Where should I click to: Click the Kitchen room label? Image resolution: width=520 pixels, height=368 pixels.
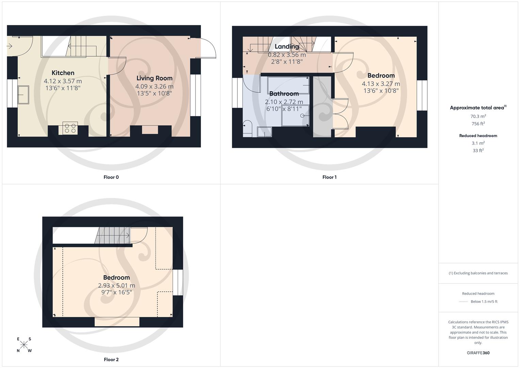point(63,73)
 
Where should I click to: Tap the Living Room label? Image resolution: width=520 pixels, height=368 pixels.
point(154,78)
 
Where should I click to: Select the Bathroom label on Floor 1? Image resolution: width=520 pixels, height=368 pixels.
point(284,94)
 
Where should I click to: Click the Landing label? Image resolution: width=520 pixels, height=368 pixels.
point(287,47)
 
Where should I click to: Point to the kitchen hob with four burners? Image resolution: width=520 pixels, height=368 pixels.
point(70,128)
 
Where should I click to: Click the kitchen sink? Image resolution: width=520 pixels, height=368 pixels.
point(23,94)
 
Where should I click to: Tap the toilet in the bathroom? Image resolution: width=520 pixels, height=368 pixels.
point(247,128)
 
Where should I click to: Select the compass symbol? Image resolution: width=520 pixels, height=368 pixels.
point(24,344)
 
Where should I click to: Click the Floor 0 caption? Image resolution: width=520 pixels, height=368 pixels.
point(111,177)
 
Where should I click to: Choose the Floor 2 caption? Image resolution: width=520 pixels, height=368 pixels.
point(111,359)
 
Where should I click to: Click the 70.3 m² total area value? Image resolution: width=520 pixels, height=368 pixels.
point(478,116)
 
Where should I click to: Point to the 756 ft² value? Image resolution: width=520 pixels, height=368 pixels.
point(478,124)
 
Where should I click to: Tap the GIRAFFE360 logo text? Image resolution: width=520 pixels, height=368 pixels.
point(478,353)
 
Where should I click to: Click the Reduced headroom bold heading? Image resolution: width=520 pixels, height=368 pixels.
point(478,136)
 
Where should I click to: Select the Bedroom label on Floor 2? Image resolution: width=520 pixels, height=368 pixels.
point(116,278)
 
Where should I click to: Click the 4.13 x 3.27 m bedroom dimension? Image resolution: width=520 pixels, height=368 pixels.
point(381,84)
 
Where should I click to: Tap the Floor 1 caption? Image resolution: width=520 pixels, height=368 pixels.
point(329,177)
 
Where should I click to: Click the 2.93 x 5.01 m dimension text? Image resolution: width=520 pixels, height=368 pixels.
point(116,286)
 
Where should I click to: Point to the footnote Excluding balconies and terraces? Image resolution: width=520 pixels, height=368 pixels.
point(478,273)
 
